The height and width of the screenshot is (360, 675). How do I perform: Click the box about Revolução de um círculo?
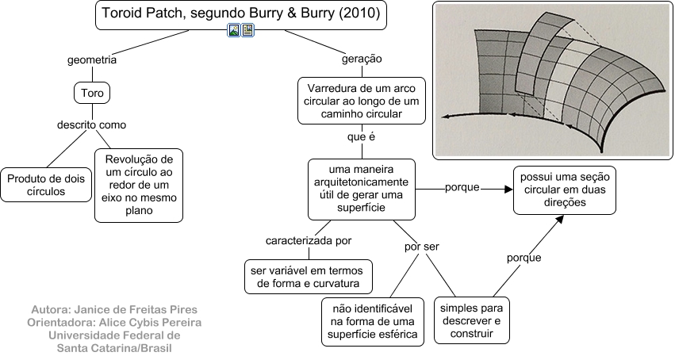pyautogui.click(x=139, y=185)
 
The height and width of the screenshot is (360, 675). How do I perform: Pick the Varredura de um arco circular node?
pyautogui.click(x=361, y=100)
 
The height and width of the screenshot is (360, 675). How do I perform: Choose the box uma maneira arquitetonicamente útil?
pyautogui.click(x=362, y=190)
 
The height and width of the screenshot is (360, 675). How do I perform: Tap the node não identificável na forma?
pyautogui.click(x=372, y=321)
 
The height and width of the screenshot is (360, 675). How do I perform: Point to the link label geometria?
pyautogui.click(x=92, y=59)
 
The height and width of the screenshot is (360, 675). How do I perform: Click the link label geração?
pyautogui.click(x=362, y=59)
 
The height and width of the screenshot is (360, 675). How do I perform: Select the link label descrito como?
pyautogui.click(x=91, y=124)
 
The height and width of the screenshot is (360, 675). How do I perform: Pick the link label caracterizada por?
pyautogui.click(x=309, y=239)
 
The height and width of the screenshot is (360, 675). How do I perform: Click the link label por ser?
pyautogui.click(x=421, y=247)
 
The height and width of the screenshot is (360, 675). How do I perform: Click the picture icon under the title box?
pyautogui.click(x=234, y=31)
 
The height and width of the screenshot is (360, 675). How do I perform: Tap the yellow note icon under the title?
pyautogui.click(x=247, y=31)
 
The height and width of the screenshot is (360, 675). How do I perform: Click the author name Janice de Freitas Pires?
pyautogui.click(x=113, y=309)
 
